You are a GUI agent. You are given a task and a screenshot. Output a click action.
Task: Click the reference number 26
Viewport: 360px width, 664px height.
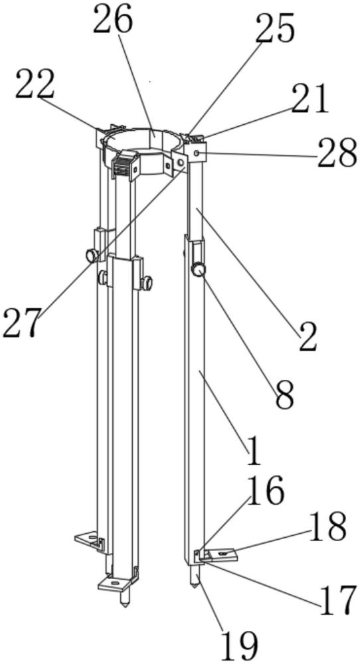click(x=113, y=20)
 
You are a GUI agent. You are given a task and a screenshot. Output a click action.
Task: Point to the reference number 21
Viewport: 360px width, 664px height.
click(x=310, y=99)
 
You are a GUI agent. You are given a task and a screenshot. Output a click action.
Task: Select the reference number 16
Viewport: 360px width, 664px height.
click(x=265, y=491)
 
